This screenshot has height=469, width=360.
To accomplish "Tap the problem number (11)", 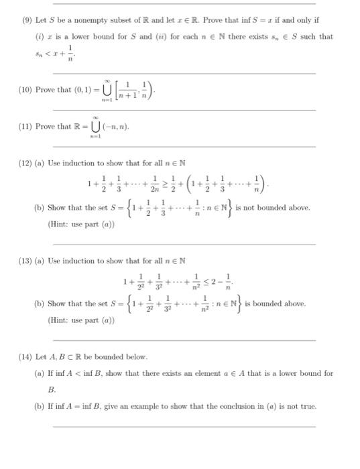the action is click(x=25, y=127).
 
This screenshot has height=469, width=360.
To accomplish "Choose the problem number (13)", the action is click(x=25, y=260).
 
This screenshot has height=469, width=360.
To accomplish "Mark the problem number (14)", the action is click(x=25, y=356).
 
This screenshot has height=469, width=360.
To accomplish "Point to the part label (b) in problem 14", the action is click(x=39, y=406).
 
